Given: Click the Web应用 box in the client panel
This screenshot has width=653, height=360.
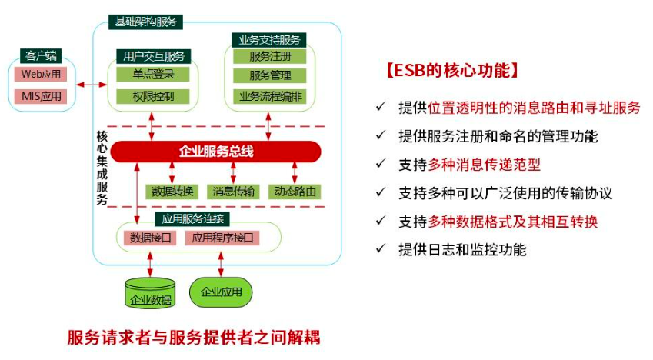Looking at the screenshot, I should [x=40, y=75].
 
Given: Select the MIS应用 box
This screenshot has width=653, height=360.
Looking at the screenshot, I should [x=40, y=96].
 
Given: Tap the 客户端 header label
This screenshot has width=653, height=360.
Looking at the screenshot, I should [x=41, y=55].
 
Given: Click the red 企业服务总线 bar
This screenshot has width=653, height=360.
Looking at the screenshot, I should [x=215, y=152].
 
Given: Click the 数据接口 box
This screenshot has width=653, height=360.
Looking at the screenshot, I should [x=150, y=238].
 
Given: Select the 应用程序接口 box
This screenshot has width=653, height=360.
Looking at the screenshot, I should [x=222, y=238].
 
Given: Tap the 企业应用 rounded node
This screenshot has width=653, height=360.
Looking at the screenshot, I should [x=221, y=292].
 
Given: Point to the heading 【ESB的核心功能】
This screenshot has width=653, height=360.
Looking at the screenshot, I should [x=446, y=71].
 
